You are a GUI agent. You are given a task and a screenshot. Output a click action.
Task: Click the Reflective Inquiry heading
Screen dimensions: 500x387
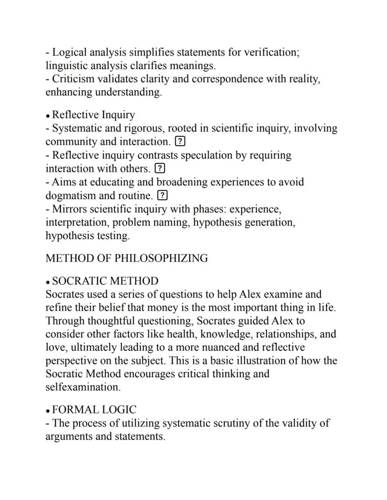coord(93,115)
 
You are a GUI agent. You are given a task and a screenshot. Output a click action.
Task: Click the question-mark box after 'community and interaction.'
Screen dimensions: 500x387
coord(179,141)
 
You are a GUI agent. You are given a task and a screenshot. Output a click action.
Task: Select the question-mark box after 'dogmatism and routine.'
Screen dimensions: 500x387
coord(162,195)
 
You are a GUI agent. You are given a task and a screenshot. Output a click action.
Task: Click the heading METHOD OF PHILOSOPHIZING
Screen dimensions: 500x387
coord(126,258)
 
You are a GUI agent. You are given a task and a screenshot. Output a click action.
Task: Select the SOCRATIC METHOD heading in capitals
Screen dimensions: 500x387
coord(105,281)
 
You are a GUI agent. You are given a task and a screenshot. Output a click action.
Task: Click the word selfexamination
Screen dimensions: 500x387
coord(83,387)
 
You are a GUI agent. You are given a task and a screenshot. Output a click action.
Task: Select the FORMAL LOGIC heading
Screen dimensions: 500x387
coord(94,410)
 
